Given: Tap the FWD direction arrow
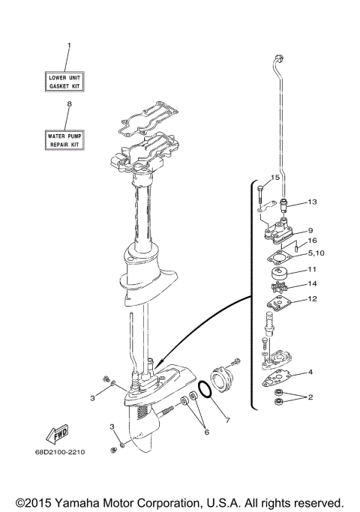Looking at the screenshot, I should (x=53, y=436).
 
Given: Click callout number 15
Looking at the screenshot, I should (x=274, y=178).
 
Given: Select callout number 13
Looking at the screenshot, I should (x=312, y=202).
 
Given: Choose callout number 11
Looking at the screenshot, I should (x=313, y=269).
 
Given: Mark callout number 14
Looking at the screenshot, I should (x=313, y=284).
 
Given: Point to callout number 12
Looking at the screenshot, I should (x=313, y=300).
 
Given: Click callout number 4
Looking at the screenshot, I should (x=310, y=372).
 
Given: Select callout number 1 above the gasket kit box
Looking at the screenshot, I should (x=68, y=46).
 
